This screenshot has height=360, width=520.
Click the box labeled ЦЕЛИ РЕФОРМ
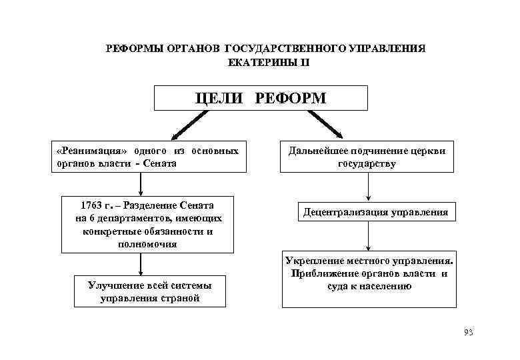[261, 98]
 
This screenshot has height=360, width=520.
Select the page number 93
[467, 332]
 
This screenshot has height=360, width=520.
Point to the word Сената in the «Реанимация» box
[161, 163]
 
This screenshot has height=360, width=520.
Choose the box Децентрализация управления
[376, 213]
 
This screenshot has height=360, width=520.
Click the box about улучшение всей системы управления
[149, 292]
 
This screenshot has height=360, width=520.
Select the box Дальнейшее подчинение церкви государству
[367, 157]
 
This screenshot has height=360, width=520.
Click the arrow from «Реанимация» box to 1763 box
[141, 183]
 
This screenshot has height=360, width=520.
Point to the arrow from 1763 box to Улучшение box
[141, 264]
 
